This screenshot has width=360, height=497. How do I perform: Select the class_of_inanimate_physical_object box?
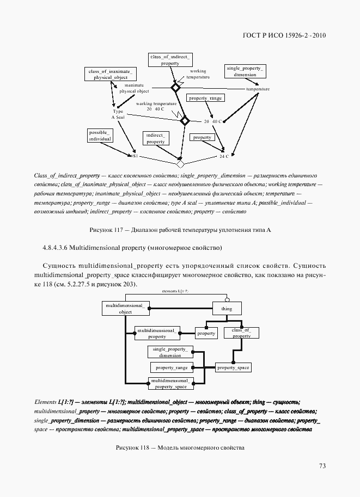110,74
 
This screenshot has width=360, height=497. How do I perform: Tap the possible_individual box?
100,136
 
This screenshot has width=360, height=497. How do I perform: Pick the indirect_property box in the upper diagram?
156,138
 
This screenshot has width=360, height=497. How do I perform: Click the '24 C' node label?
224,156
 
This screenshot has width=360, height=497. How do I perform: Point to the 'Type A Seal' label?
118,114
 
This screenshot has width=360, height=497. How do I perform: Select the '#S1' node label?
135,156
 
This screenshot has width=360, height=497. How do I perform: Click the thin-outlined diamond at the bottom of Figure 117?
180,163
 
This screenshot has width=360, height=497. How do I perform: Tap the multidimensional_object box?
125,309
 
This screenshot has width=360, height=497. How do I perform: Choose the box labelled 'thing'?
226,309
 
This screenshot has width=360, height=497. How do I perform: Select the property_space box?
233,368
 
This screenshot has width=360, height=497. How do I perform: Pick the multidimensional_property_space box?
169,383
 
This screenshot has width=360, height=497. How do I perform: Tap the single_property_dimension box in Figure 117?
245,71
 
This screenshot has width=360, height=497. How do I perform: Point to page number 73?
322,465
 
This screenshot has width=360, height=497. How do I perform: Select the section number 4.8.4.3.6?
55,248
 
